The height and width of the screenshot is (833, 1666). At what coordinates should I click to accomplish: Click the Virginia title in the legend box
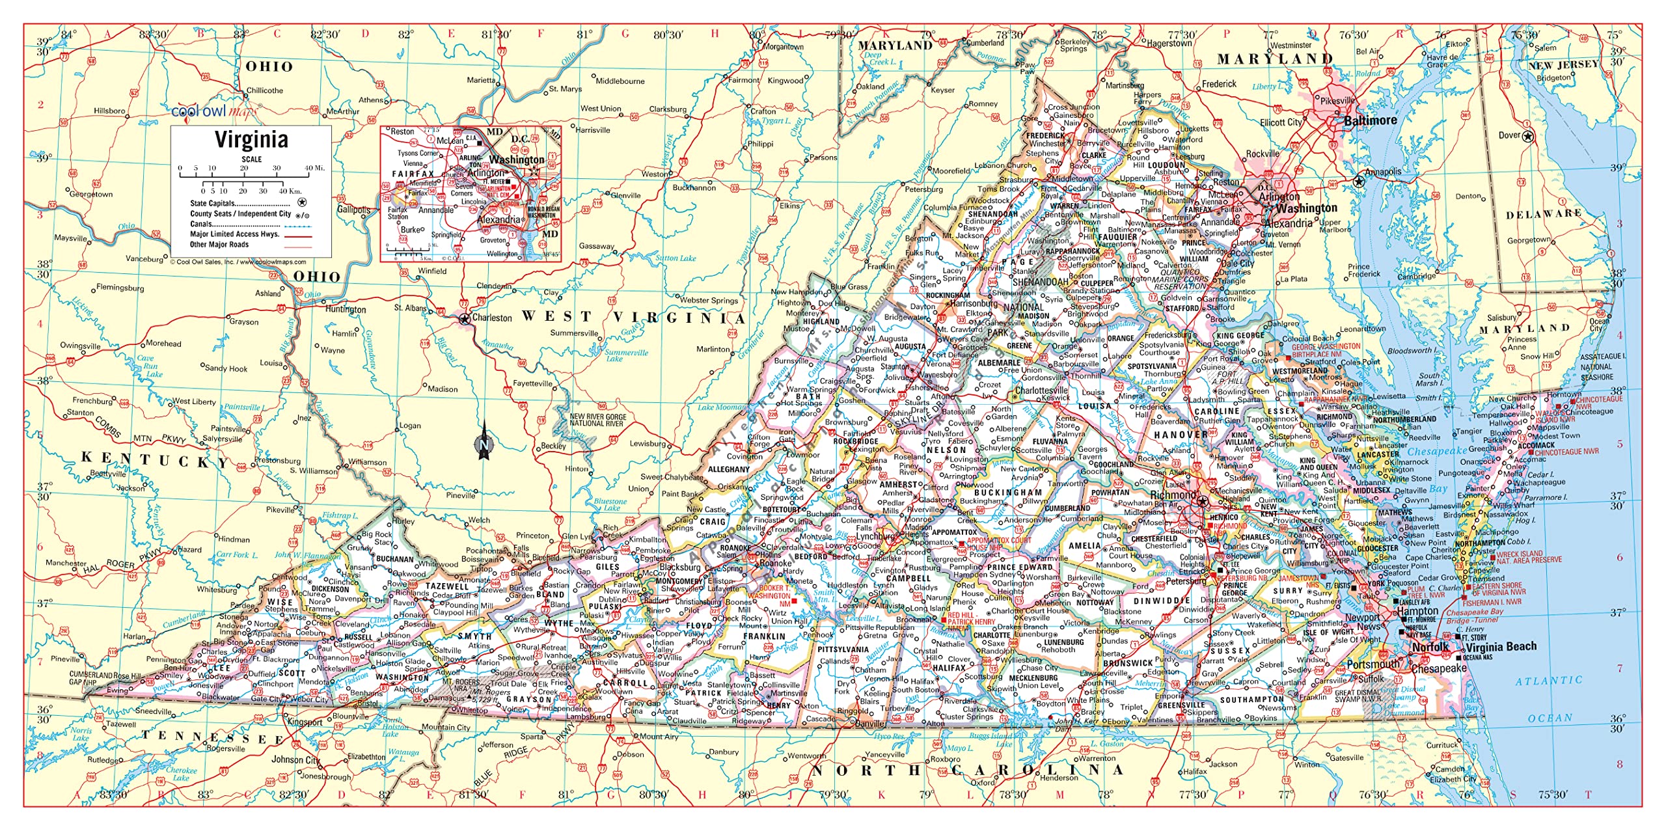251,140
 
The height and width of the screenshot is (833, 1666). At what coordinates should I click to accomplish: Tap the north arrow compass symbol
484,441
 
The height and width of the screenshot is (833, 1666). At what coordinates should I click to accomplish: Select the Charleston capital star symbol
465,319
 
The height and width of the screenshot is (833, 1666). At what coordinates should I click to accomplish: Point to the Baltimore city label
1371,121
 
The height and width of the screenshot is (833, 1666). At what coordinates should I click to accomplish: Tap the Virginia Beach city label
1501,646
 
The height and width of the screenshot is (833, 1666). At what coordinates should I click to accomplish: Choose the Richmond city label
1173,495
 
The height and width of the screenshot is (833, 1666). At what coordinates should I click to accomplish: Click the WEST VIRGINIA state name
633,317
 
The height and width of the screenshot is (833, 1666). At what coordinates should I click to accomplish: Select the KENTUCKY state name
155,459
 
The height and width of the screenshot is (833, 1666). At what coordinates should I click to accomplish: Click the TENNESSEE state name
213,737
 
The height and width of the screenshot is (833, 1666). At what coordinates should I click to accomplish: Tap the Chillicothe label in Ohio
265,90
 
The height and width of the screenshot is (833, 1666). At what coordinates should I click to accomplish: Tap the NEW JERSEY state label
1563,65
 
